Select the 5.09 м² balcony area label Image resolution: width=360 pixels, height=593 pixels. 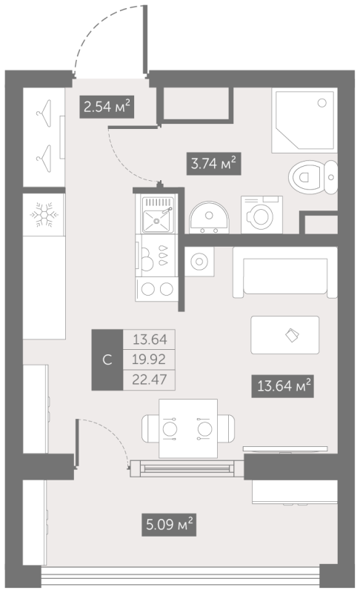click(170, 526)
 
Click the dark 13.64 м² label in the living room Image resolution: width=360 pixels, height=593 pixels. click(281, 385)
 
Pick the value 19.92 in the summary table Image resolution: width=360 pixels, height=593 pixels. click(149, 361)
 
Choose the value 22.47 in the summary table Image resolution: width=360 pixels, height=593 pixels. click(149, 380)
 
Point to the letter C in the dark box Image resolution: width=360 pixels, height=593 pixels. click(107, 360)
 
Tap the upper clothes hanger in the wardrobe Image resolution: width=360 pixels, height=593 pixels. click(44, 113)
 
